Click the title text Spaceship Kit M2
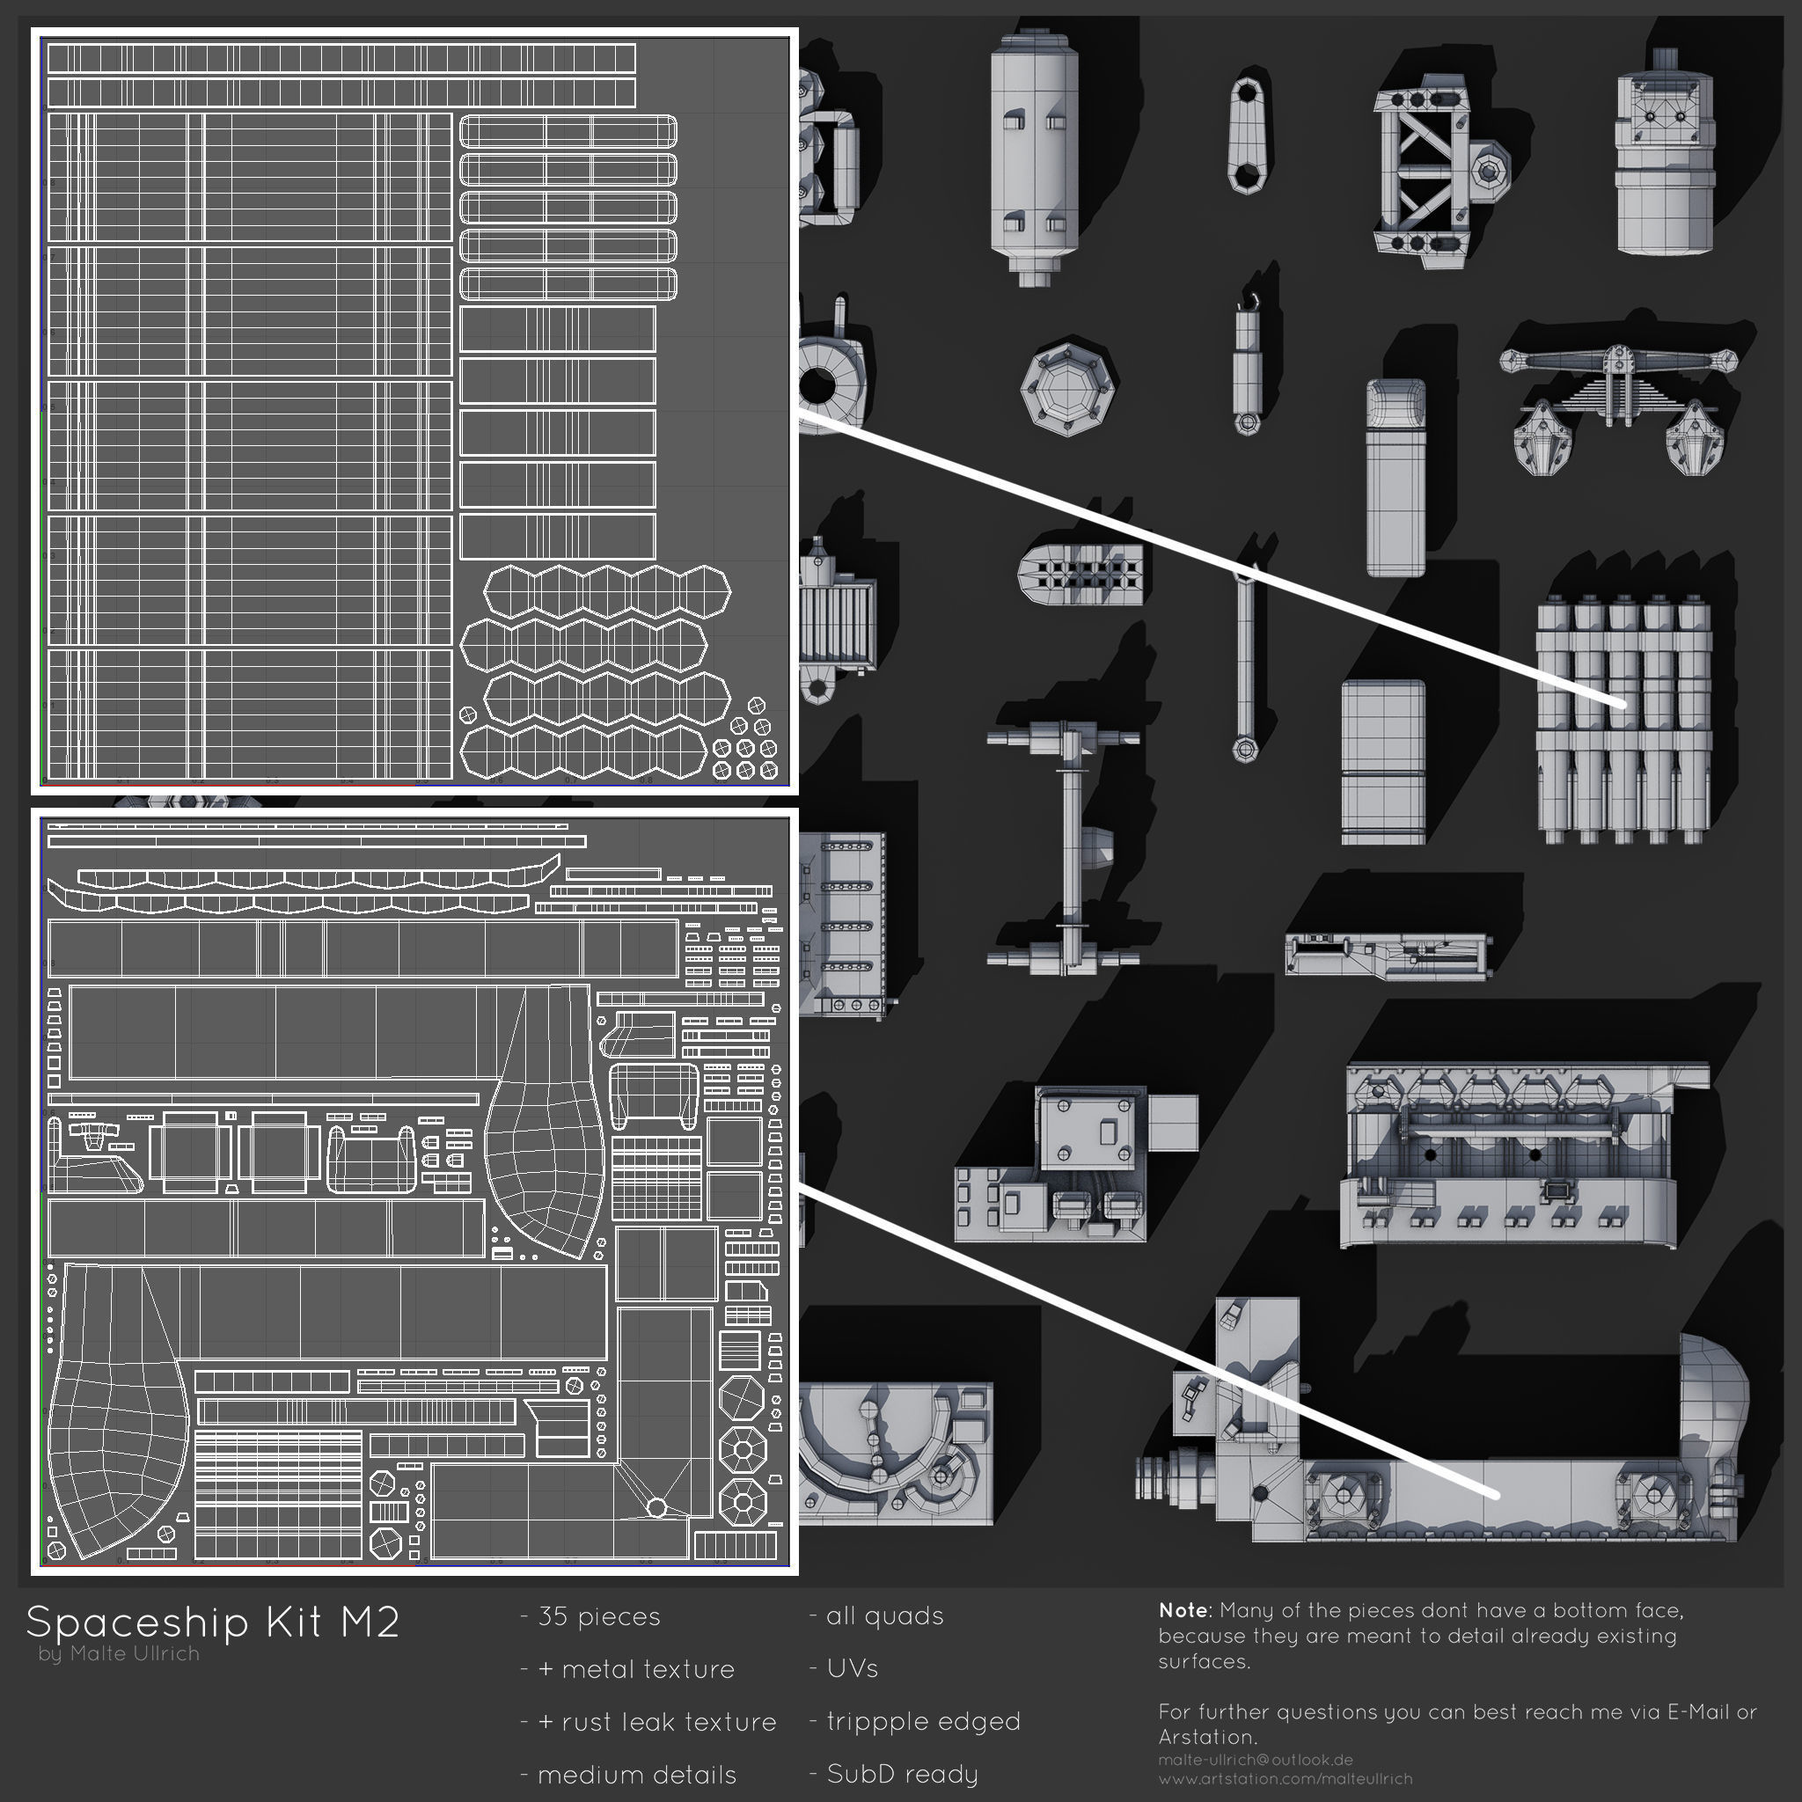213,1622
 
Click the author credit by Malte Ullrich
120,1653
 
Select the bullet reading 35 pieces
590,1616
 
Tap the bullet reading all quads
876,1615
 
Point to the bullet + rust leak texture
648,1722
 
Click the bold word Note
1183,1611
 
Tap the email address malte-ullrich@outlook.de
1256,1760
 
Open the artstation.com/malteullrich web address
1286,1778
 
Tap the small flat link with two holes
1246,136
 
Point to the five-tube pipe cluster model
1623,718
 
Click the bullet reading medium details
627,1774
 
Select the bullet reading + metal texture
627,1668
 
